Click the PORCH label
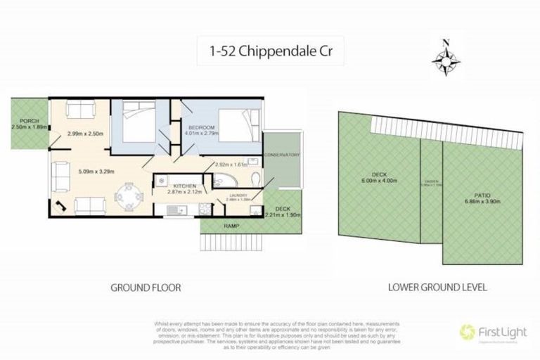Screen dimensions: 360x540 pyautogui.click(x=29, y=120)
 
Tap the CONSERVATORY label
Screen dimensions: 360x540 pyautogui.click(x=282, y=155)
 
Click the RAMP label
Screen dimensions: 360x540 pyautogui.click(x=231, y=226)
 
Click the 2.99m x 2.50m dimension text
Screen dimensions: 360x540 pyautogui.click(x=85, y=134)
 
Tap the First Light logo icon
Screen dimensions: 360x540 pyautogui.click(x=465, y=330)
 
